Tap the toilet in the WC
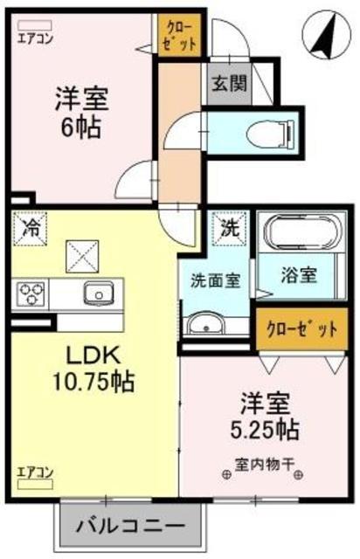[267, 131]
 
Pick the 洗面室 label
[216, 283]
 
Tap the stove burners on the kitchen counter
[33, 292]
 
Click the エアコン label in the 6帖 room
[34, 38]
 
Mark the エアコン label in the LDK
[35, 473]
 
